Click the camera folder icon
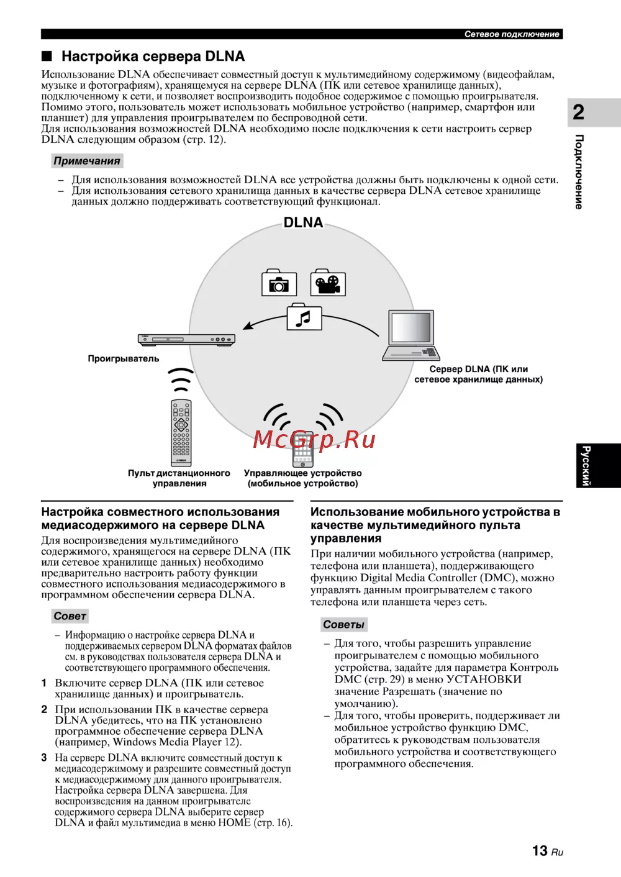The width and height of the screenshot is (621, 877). pos(279,283)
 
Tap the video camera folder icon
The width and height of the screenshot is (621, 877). pos(328,283)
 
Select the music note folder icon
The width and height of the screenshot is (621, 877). pos(304,318)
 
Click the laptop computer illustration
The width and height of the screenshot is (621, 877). pos(411,335)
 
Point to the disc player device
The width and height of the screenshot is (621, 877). pos(186,339)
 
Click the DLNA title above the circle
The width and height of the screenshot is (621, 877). pos(303,222)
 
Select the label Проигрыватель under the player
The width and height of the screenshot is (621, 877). pos(124,358)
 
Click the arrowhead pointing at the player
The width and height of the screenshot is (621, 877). pos(248,325)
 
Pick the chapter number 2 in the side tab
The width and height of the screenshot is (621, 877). pos(578,112)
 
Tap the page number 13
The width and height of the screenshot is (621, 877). pos(540,850)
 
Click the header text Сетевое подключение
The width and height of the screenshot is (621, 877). pos(512,34)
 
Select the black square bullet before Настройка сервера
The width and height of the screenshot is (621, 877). pos(47,57)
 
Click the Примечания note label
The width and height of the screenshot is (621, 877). pos(87,161)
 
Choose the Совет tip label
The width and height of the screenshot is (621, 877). pos(70,616)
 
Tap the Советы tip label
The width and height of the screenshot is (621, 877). pos(343,624)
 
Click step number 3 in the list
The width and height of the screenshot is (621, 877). pos(44,758)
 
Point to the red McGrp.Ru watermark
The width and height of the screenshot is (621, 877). pos(314,439)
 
